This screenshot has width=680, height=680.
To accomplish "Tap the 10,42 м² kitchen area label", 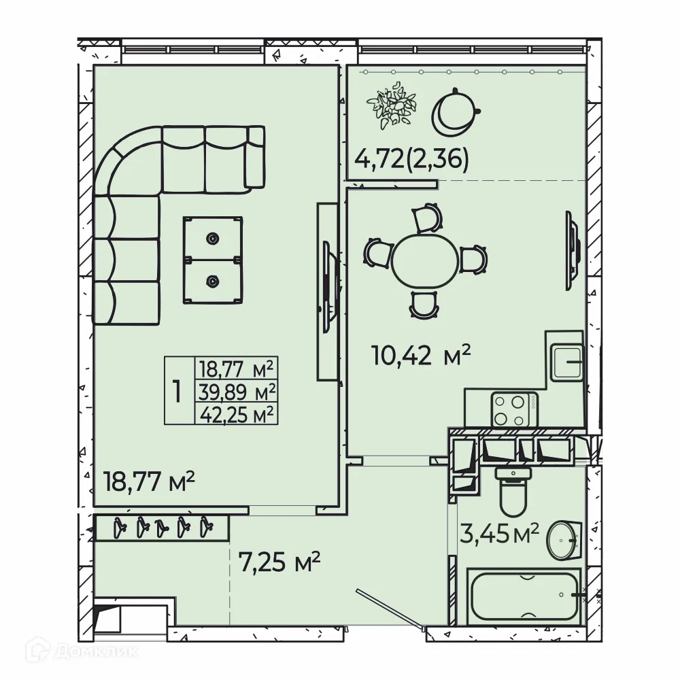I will pos(421,354).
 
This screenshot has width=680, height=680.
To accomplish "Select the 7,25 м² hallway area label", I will pos(279,563).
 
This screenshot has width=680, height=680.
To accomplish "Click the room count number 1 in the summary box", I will pos(177,391).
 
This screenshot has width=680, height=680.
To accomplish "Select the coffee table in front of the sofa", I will pos(213,260).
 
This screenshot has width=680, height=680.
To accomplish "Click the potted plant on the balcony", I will pos(391,104).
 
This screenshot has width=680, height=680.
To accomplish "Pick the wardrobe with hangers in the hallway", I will pos(162,527).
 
